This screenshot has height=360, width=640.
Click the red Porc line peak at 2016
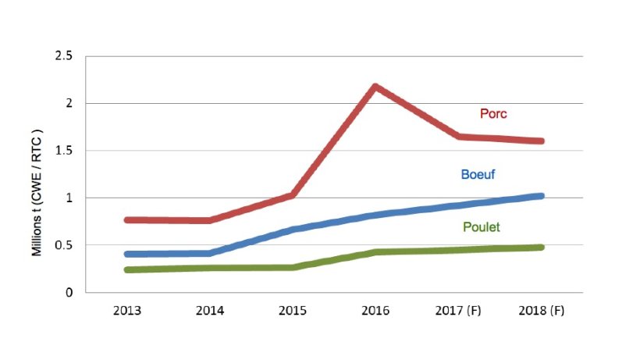(x=375, y=87)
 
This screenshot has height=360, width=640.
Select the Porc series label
(x=492, y=114)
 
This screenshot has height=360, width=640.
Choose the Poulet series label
(x=480, y=227)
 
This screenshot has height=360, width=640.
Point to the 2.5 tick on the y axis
(x=64, y=56)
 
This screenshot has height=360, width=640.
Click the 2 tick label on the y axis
(x=69, y=104)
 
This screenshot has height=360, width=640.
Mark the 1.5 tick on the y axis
(x=64, y=151)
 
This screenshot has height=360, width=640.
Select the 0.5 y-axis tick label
(x=64, y=245)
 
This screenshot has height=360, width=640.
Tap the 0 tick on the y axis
(x=69, y=293)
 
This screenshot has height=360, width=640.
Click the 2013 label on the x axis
(x=127, y=310)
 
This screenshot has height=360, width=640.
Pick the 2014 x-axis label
(x=210, y=310)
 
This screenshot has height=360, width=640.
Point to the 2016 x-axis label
(x=375, y=310)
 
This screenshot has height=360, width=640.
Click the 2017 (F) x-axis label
(x=458, y=310)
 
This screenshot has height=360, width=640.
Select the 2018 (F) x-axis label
(x=541, y=310)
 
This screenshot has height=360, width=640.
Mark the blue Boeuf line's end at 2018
(x=540, y=196)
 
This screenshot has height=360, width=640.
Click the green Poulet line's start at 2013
(x=128, y=269)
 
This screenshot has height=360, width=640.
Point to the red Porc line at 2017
(x=458, y=137)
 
